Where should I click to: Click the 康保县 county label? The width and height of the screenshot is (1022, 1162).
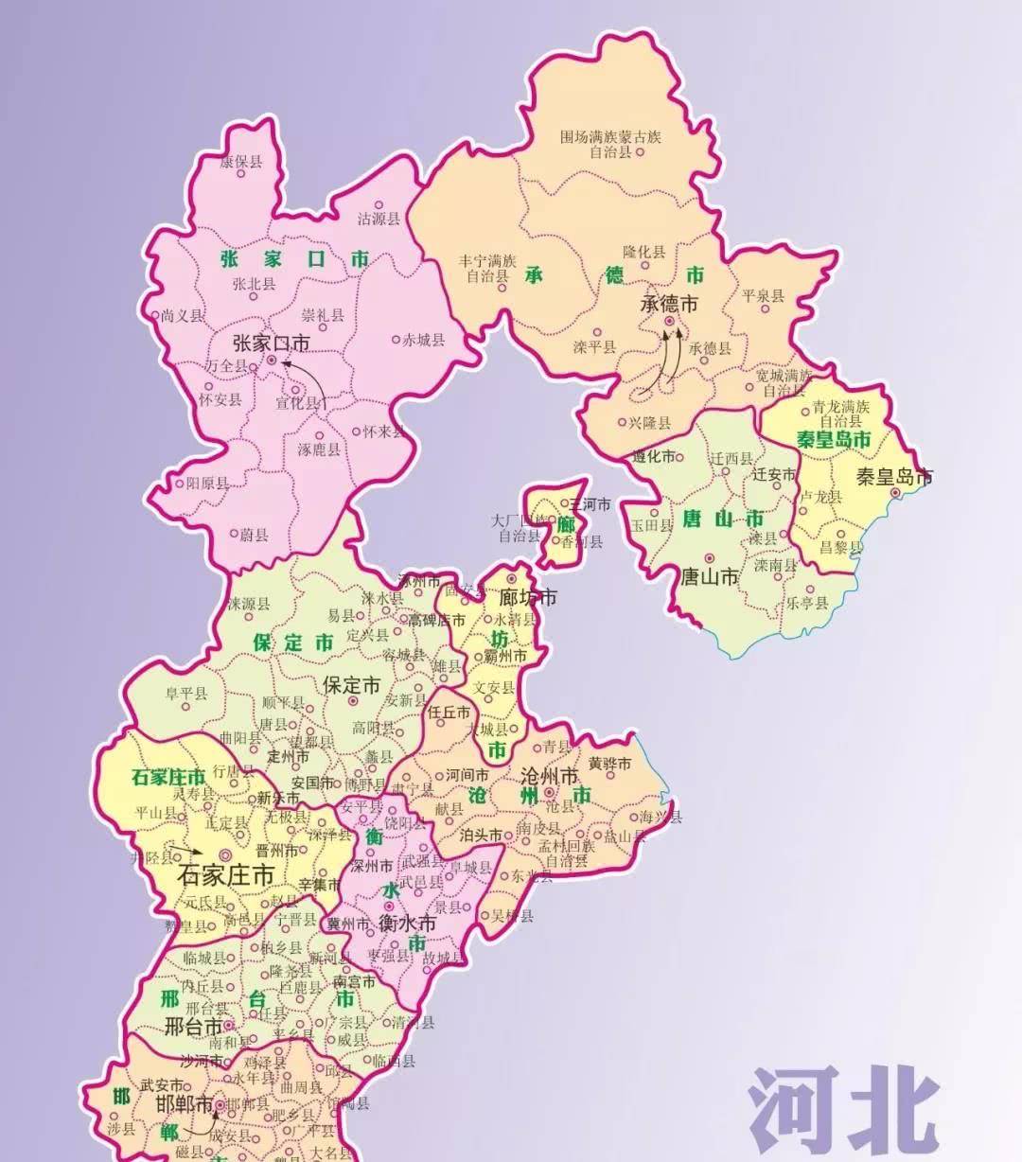240,162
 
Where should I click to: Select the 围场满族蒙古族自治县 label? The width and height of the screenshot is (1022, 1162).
610,144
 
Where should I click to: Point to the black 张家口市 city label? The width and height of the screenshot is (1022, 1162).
271,342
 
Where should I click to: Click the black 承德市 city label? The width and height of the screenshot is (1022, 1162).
669,304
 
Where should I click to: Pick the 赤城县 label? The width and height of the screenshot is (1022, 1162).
423,340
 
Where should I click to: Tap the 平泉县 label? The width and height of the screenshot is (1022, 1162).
764,296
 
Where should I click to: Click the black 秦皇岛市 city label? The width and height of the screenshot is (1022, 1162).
894,476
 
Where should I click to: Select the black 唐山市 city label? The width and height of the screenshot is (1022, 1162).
710,575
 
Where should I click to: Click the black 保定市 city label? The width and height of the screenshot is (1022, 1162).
351,684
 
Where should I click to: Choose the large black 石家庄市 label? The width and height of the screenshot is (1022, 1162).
225,873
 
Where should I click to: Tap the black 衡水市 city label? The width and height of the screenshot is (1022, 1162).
407,922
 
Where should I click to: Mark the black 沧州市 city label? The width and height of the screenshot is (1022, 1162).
549,776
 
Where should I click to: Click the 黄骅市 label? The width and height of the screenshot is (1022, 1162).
609,764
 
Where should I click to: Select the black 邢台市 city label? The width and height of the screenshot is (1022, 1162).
193,1026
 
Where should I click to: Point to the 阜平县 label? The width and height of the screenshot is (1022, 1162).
185,694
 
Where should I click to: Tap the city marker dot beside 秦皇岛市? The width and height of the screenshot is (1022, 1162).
895,491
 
